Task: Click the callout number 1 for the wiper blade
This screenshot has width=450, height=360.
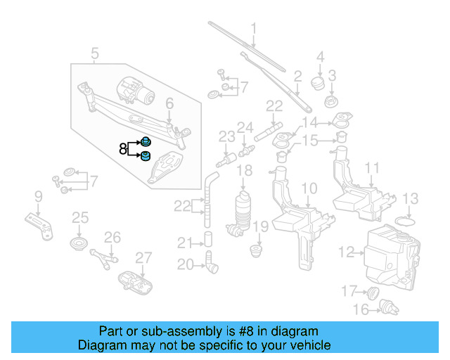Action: (253, 30)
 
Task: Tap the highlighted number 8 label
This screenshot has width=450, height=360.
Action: (122, 149)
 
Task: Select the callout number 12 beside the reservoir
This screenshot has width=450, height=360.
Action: (346, 251)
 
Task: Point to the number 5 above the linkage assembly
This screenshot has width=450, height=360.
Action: (95, 52)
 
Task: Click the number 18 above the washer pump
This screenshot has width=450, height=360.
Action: (244, 171)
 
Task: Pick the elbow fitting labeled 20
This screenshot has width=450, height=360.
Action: (212, 265)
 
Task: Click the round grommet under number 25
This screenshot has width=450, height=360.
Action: (79, 245)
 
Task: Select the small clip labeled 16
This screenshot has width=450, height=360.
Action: (385, 307)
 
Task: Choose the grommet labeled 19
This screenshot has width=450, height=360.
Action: (259, 249)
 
